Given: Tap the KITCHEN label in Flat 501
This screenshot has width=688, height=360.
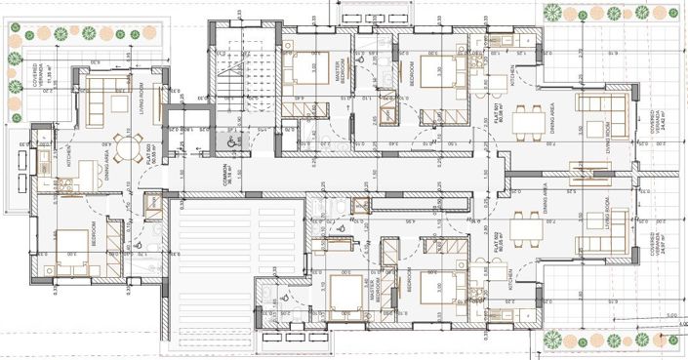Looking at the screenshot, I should (x=513, y=74).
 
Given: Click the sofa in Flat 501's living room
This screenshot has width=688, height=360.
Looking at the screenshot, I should (x=591, y=104).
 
